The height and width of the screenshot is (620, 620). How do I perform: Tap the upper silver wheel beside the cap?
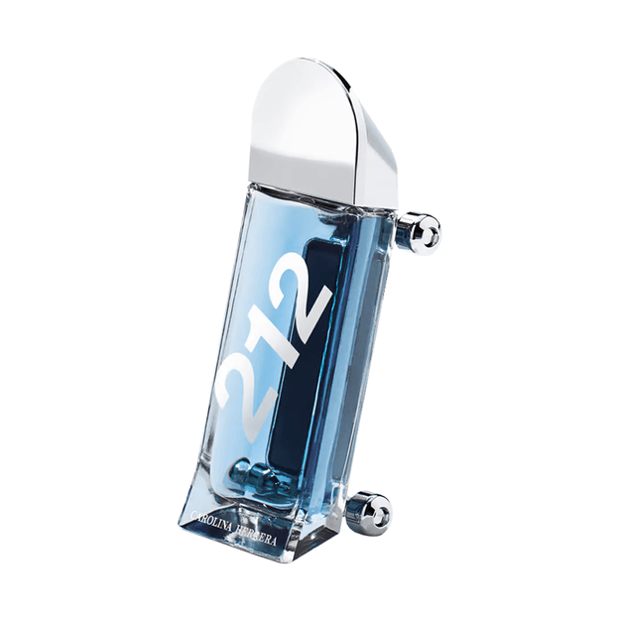coord(424,234)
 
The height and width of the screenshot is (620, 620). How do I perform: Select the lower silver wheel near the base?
coord(374,513)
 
